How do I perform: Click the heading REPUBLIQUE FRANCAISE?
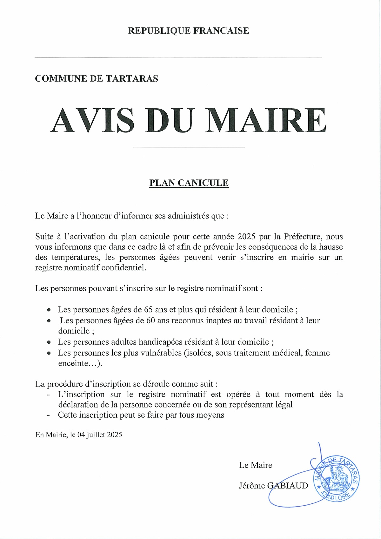click(188, 31)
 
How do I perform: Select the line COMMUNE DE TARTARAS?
click(97, 79)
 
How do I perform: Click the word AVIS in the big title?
click(92, 121)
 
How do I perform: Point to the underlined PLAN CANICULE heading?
click(189, 183)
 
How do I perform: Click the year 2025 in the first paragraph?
click(246, 237)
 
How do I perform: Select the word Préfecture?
click(303, 237)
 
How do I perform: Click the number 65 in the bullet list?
click(148, 310)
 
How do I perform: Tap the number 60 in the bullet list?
click(150, 320)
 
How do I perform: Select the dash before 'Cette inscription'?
click(48, 415)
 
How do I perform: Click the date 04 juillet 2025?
click(99, 435)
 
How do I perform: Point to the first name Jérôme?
click(252, 486)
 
